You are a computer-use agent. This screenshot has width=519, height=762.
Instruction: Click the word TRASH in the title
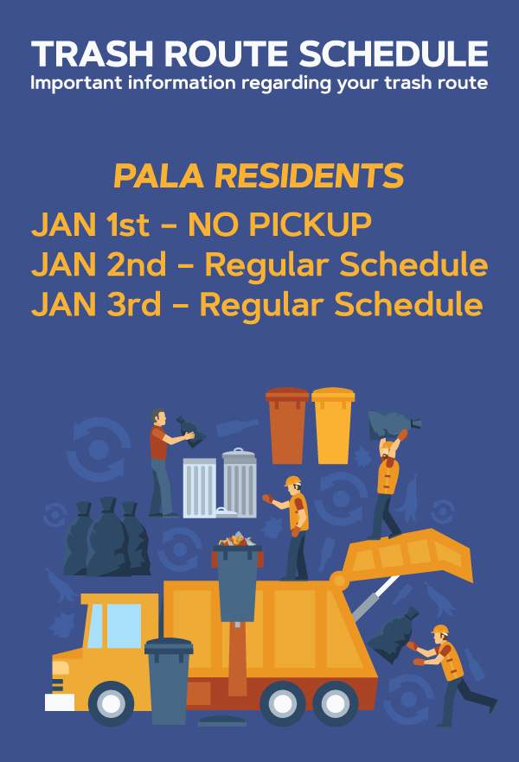click(x=93, y=54)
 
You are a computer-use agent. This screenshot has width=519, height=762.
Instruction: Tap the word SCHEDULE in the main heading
click(x=393, y=54)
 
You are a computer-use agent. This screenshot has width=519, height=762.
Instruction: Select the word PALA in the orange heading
click(x=158, y=175)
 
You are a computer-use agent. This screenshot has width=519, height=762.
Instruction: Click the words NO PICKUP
click(x=279, y=225)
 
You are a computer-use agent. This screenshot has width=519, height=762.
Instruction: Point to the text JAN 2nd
click(x=99, y=264)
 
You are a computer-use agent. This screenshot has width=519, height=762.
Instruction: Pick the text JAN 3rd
click(x=96, y=304)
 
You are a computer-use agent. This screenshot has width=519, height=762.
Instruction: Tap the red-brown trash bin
click(x=287, y=426)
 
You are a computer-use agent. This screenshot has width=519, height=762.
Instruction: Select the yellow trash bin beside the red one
click(x=333, y=426)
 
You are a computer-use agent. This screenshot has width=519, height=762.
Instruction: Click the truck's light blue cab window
click(x=124, y=625)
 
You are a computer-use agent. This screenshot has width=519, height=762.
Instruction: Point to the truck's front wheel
click(x=111, y=703)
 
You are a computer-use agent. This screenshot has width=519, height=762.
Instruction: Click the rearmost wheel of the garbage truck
click(x=335, y=703)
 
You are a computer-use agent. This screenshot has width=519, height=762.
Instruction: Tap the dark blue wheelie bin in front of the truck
click(x=169, y=681)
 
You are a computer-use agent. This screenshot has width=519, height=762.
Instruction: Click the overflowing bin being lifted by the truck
click(x=237, y=577)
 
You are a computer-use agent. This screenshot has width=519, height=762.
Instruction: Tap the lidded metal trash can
click(x=240, y=483)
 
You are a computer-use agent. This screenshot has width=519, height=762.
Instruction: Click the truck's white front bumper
click(x=60, y=702)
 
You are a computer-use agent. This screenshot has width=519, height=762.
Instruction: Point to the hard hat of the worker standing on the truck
click(x=293, y=481)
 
